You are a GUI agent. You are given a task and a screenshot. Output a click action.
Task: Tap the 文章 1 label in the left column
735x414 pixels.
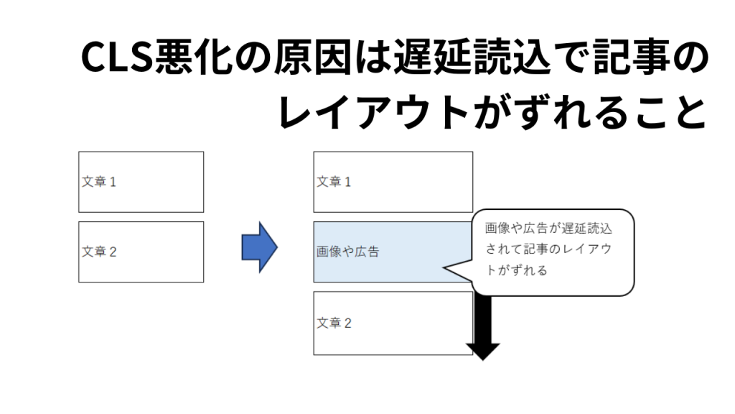click(99, 182)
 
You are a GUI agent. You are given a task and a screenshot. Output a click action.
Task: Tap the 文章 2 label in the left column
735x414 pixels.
click(99, 252)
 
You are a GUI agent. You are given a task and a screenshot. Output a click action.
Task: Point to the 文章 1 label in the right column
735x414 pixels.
click(334, 182)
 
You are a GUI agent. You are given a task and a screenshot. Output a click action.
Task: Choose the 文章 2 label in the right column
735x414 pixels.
click(334, 323)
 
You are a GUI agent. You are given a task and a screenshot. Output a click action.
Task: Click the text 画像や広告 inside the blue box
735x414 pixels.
click(348, 252)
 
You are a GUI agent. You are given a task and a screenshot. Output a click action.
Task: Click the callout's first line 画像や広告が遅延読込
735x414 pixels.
click(549, 229)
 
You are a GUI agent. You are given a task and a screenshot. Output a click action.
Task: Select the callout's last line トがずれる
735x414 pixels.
click(517, 270)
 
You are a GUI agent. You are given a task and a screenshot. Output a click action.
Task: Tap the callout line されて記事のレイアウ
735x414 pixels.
click(548, 249)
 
